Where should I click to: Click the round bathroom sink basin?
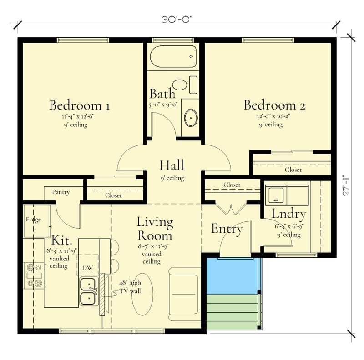[190, 118]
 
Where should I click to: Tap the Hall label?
[172, 165]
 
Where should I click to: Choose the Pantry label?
[61, 192]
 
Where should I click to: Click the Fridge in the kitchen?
[34, 220]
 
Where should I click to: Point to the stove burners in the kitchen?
[35, 275]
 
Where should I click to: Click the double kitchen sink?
[88, 292]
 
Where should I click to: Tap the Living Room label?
[155, 229]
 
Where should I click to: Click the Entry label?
[226, 229]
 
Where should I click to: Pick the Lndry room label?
[288, 214]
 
